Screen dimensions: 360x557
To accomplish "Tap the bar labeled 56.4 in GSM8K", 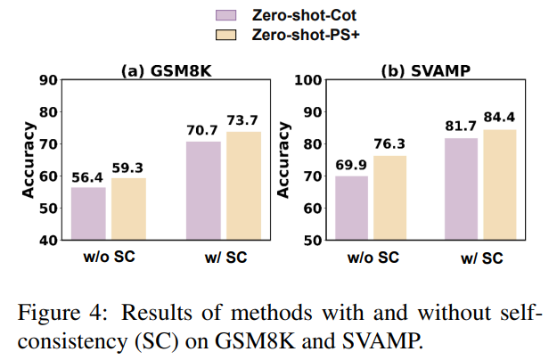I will tap(88, 214).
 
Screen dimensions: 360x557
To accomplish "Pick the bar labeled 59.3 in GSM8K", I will tap(129, 209).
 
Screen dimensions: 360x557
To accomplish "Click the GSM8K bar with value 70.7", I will tap(202, 191).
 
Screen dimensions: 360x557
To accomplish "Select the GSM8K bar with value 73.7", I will tap(243, 186).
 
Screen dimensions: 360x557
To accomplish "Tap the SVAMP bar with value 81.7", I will tap(460, 189).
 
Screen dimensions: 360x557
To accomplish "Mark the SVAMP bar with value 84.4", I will tap(501, 184).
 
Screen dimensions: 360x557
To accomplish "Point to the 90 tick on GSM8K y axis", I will tap(48, 80).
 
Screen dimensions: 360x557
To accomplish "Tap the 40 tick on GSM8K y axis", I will tap(48, 241).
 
